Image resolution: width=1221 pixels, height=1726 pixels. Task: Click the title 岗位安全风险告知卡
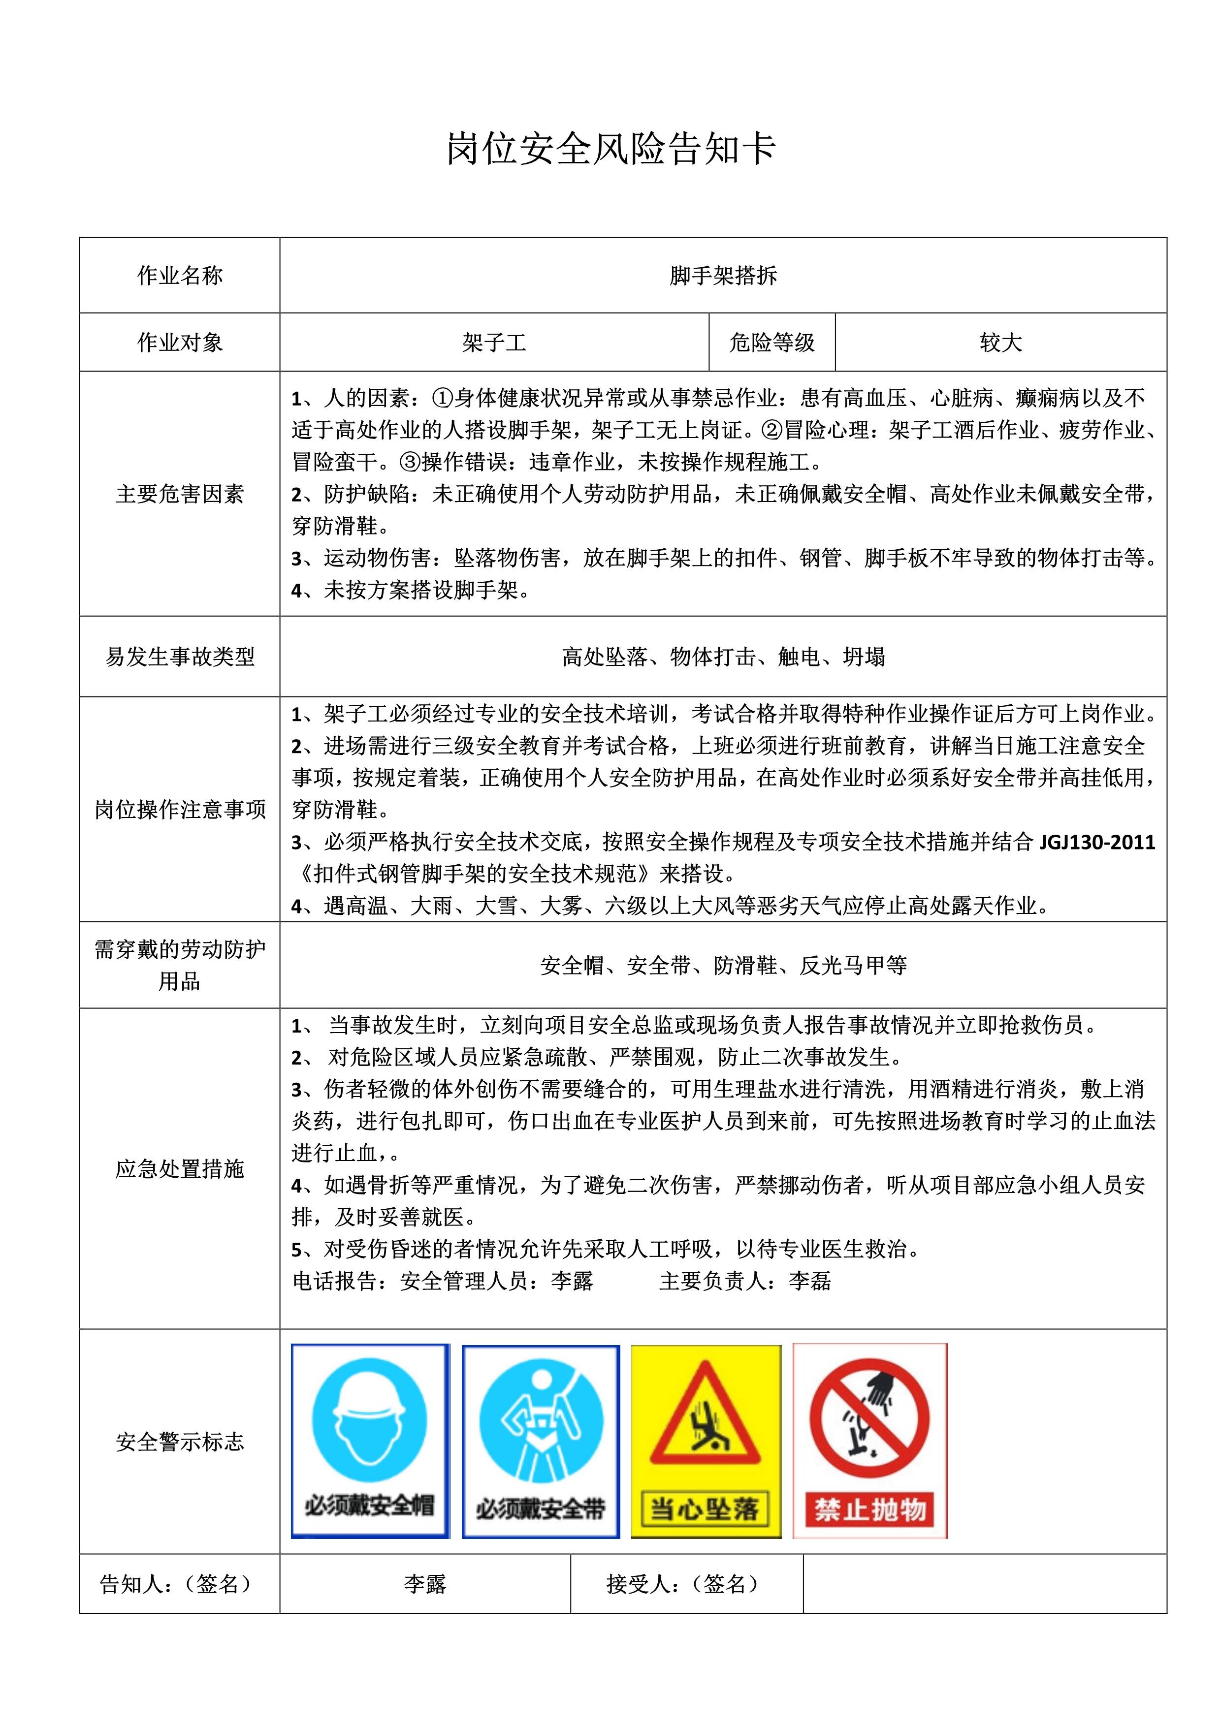610,149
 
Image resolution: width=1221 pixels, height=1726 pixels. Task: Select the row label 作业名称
180,276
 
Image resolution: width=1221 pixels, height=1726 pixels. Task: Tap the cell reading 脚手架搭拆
723,276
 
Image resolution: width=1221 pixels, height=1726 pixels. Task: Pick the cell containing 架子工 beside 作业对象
494,343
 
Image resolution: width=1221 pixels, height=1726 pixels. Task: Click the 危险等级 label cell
772,343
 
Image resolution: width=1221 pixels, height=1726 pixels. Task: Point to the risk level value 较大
1001,343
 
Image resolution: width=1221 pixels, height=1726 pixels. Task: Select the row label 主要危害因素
180,494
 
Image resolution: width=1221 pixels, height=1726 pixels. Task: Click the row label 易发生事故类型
180,657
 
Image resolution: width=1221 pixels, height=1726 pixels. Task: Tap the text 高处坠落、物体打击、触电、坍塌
723,657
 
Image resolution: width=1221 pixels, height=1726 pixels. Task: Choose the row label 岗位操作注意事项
180,810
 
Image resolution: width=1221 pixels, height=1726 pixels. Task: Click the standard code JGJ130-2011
1097,842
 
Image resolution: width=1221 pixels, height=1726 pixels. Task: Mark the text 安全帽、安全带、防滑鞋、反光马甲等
723,965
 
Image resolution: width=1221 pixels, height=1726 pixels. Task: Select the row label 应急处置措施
180,1169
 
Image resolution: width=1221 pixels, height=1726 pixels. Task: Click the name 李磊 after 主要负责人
810,1281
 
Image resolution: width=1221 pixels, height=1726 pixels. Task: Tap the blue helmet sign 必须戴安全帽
370,1441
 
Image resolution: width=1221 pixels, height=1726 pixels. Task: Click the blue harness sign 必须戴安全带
541,1441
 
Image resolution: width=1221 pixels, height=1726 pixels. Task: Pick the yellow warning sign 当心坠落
705,1441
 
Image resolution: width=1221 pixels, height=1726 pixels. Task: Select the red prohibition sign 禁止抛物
870,1441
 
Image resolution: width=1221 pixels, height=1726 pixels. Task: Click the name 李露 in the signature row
425,1584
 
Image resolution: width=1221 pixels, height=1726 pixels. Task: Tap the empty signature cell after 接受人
985,1584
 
